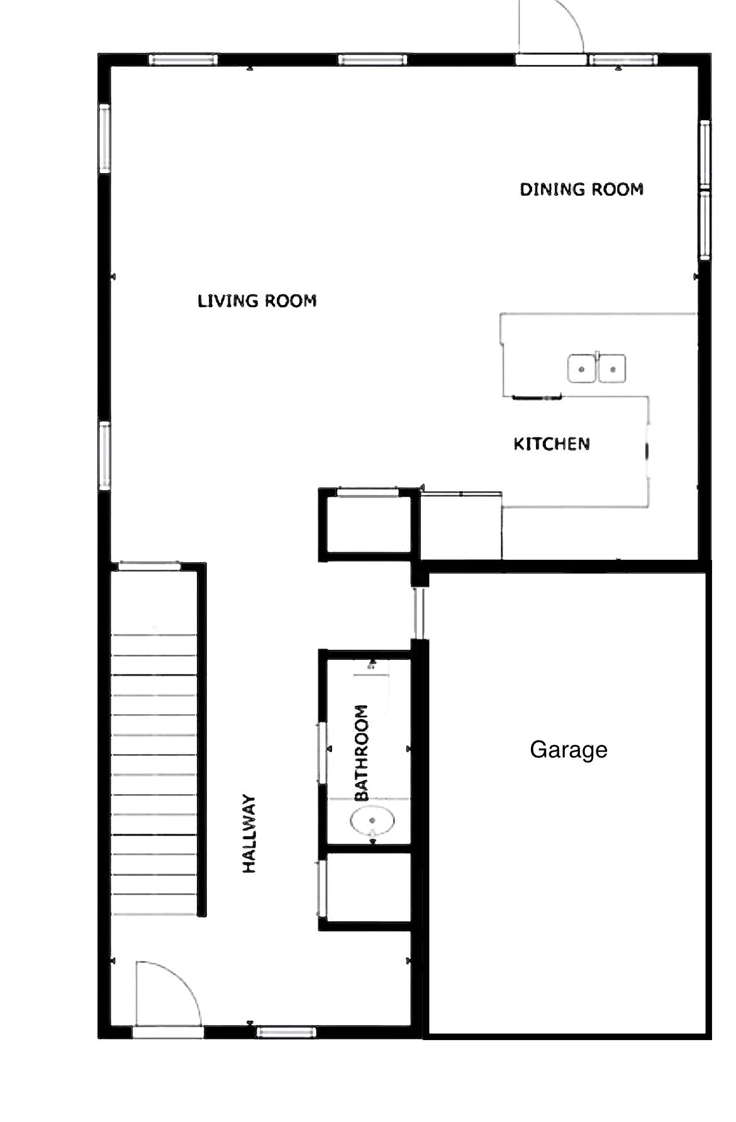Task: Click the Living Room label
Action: (257, 301)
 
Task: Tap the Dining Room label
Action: (581, 190)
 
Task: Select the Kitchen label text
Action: (552, 444)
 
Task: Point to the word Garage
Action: (568, 749)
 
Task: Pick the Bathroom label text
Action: (362, 752)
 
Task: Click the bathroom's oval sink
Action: (372, 820)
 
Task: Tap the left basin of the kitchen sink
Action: (582, 369)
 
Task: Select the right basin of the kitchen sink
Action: (612, 369)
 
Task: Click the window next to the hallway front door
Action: (286, 1031)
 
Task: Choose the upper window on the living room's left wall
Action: (104, 139)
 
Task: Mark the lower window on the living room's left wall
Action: (104, 456)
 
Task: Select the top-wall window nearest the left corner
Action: (183, 60)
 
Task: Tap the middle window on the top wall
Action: (372, 60)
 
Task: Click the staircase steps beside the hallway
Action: (154, 774)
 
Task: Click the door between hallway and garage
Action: (419, 613)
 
